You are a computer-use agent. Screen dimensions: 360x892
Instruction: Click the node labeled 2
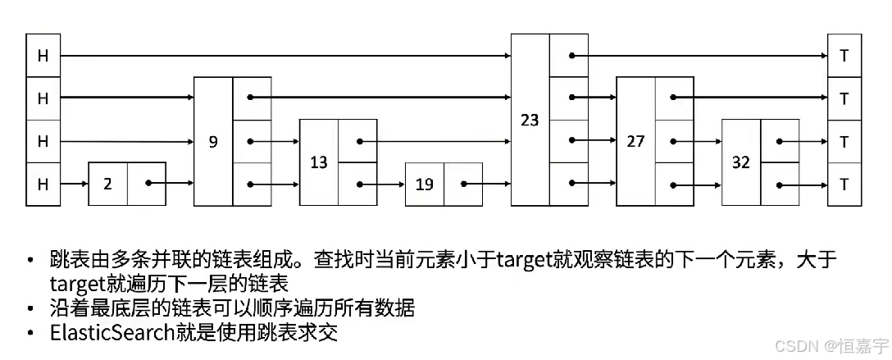click(107, 184)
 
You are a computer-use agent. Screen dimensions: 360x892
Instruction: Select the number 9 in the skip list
click(213, 141)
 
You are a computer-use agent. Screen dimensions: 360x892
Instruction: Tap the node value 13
click(319, 162)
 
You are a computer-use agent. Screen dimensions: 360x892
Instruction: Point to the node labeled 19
click(424, 184)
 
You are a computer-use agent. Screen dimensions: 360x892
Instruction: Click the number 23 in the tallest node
click(530, 120)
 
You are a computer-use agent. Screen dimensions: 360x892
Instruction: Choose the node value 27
click(635, 141)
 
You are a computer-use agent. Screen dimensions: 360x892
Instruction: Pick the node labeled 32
click(740, 162)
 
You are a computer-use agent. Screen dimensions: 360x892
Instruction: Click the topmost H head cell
click(43, 56)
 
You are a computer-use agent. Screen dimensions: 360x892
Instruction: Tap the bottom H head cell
click(43, 184)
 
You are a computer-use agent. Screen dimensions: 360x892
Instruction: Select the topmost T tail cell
click(844, 56)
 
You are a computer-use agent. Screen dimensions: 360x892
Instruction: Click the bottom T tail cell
click(844, 184)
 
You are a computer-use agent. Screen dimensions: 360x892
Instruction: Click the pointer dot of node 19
click(464, 184)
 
